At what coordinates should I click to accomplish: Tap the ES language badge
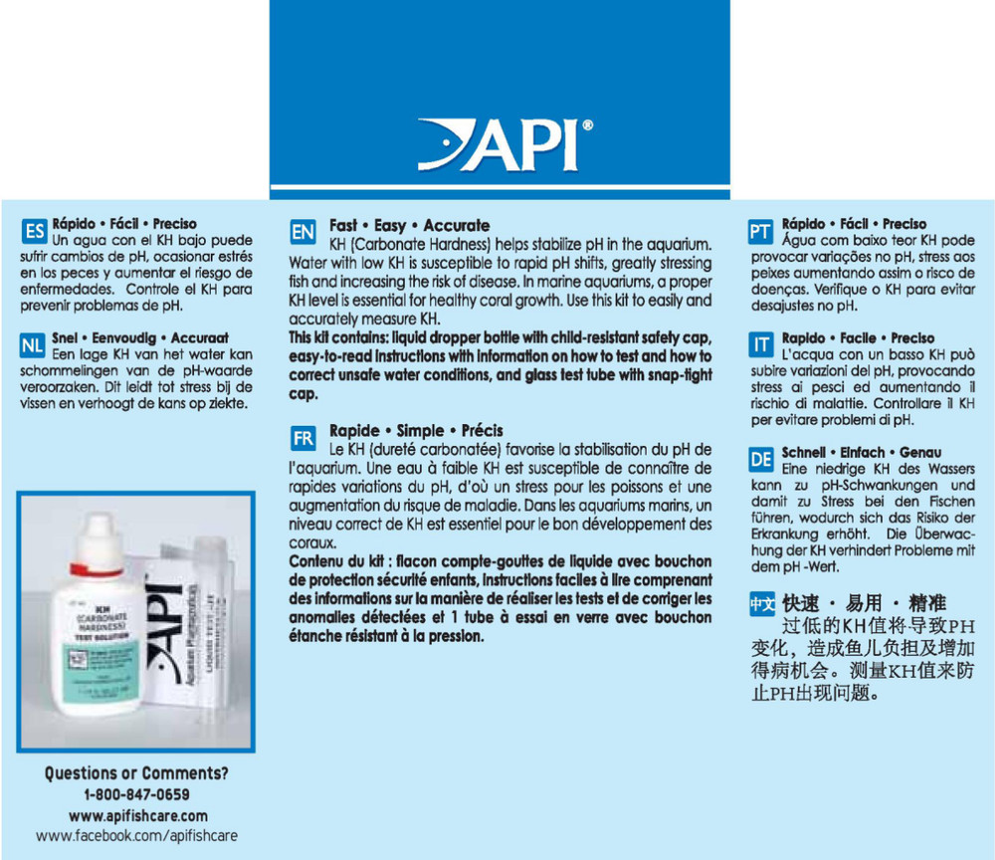(x=34, y=232)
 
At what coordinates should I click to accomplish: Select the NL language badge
(x=33, y=346)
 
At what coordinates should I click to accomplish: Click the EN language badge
(x=302, y=233)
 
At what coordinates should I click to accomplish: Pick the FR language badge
(x=302, y=438)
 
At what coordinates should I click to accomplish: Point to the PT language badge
(x=760, y=232)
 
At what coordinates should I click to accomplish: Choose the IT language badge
(x=760, y=346)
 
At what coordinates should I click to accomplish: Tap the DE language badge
(x=760, y=460)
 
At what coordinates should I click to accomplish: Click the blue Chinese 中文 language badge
(x=760, y=603)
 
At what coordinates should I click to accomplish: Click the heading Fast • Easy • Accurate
(x=409, y=226)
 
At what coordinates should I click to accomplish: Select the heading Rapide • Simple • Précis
(x=416, y=431)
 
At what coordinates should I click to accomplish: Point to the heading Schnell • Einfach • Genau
(x=862, y=452)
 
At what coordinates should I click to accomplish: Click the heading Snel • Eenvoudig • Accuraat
(x=140, y=338)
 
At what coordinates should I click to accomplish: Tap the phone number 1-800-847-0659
(x=136, y=794)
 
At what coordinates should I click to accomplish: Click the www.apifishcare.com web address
(x=137, y=815)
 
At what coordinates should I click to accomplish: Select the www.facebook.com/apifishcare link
(x=136, y=836)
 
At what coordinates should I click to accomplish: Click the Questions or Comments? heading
(x=136, y=773)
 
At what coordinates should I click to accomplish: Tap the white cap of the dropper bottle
(x=103, y=537)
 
